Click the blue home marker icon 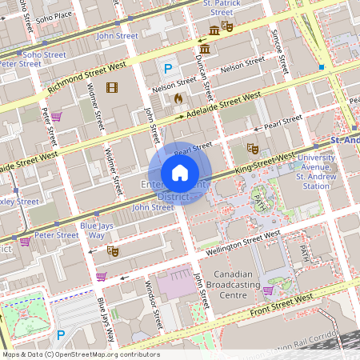tap(180, 173)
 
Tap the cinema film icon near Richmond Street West tap(111, 87)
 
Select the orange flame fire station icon tap(178, 98)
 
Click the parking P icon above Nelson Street tap(168, 70)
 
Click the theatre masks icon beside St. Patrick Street tap(227, 27)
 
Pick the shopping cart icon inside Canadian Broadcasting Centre tap(268, 290)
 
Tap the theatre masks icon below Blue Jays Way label tap(114, 250)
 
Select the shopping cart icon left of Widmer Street tap(57, 117)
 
